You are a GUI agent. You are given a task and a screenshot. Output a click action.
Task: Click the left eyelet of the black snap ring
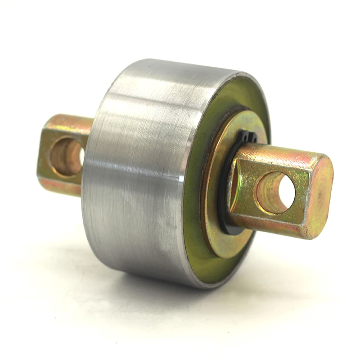(x=242, y=135)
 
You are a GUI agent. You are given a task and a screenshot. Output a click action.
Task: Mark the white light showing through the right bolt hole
(x=286, y=191)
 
